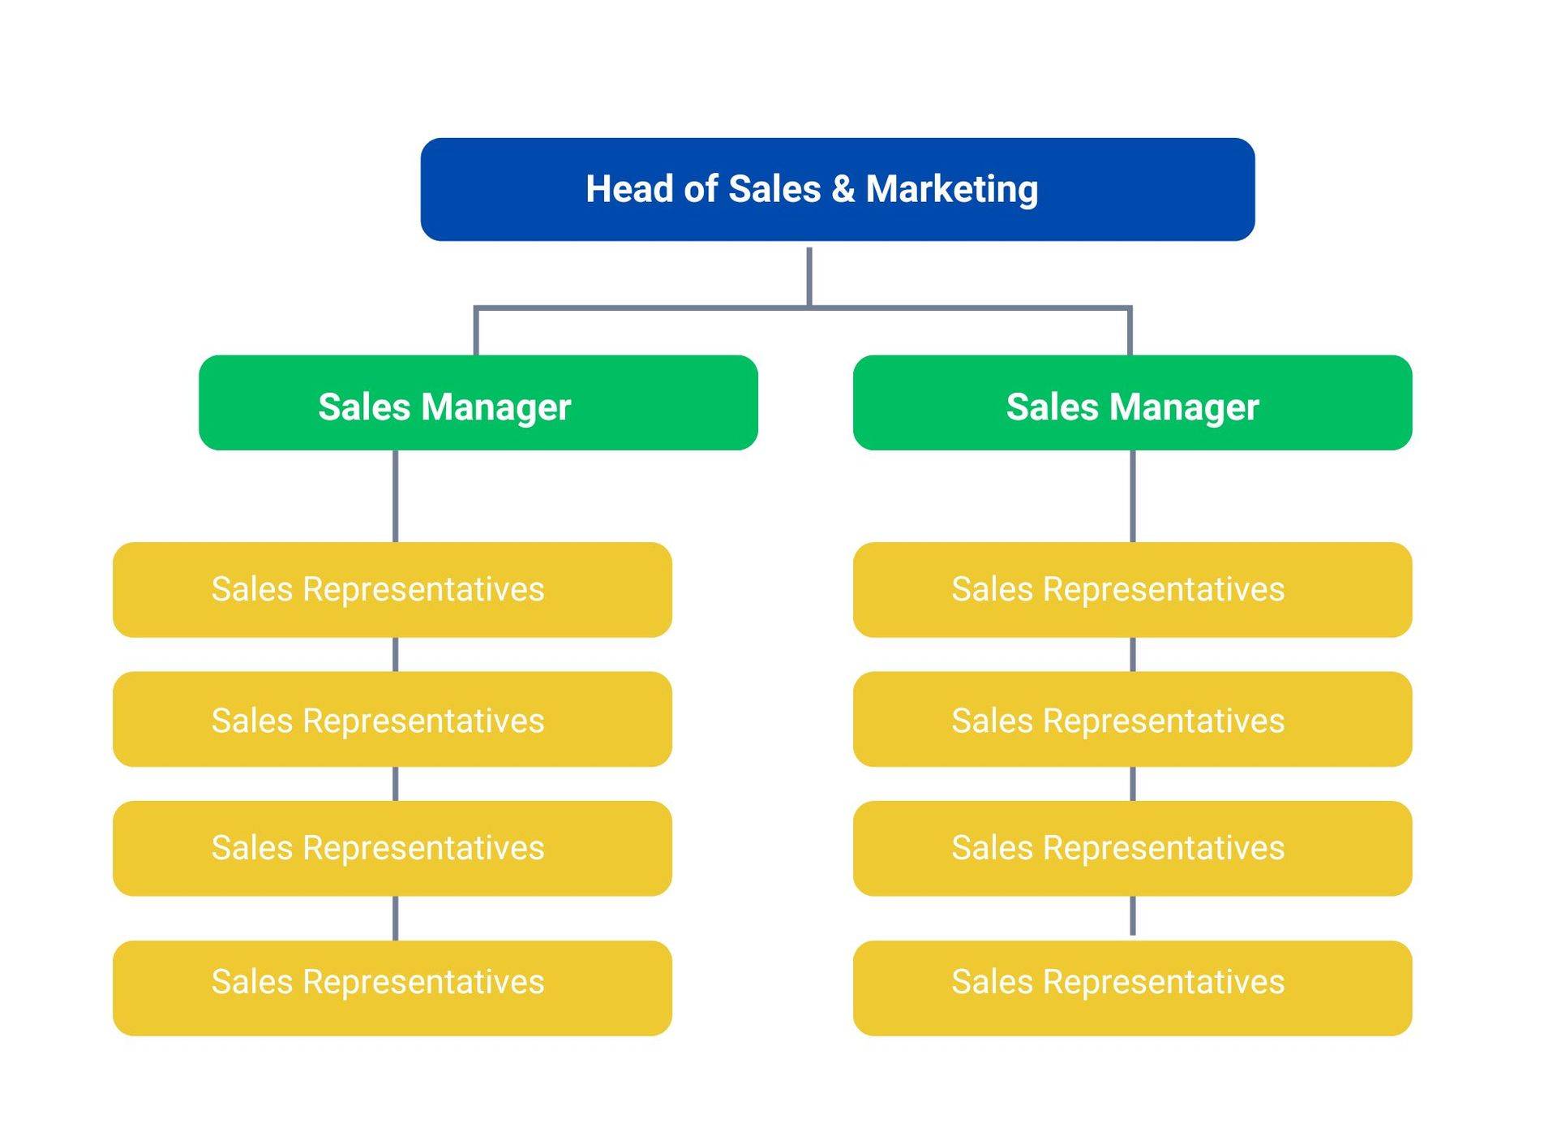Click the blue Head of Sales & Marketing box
pyautogui.click(x=838, y=189)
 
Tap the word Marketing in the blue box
pyautogui.click(x=952, y=190)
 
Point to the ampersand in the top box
pyautogui.click(x=843, y=189)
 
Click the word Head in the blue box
pyautogui.click(x=631, y=189)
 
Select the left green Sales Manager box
pyautogui.click(x=478, y=403)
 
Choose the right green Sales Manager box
pyautogui.click(x=1133, y=403)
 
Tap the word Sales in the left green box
pyautogui.click(x=364, y=407)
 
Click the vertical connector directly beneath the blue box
pyautogui.click(x=809, y=277)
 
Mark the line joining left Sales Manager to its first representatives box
pyautogui.click(x=396, y=497)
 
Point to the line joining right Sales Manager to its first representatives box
pyautogui.click(x=1133, y=497)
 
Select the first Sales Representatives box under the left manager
pyautogui.click(x=392, y=590)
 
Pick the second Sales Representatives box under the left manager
pyautogui.click(x=392, y=719)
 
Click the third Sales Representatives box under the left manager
pyautogui.click(x=392, y=849)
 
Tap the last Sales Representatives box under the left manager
pyautogui.click(x=392, y=988)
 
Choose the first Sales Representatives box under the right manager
pyautogui.click(x=1133, y=590)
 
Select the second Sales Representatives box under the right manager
pyautogui.click(x=1133, y=719)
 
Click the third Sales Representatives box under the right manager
pyautogui.click(x=1133, y=849)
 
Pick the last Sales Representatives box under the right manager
pyautogui.click(x=1133, y=988)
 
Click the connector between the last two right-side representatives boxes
pyautogui.click(x=1133, y=916)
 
